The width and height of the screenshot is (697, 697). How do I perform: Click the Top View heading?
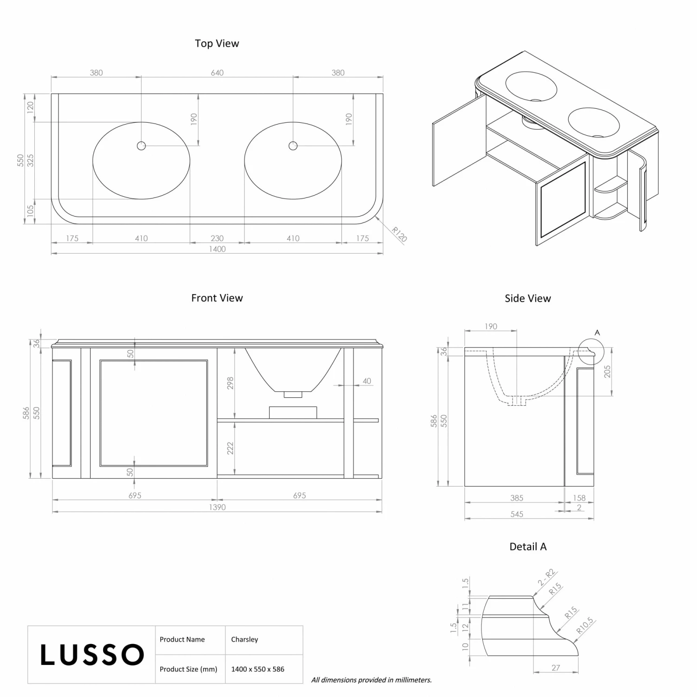pos(217,43)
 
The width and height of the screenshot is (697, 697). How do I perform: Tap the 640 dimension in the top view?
pos(217,72)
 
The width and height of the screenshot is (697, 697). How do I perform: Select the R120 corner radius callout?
pos(399,234)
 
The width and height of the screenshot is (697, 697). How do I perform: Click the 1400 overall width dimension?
pos(217,249)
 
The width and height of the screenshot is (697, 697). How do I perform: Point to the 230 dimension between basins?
pos(217,238)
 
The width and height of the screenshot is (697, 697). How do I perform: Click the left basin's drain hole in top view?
pos(141,146)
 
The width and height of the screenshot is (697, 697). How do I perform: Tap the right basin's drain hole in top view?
pos(293,146)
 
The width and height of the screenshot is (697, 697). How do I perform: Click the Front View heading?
pos(217,298)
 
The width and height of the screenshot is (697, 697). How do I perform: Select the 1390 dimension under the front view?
pos(217,507)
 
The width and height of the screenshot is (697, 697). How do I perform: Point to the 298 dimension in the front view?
pos(230,383)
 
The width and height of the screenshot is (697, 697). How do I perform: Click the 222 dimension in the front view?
pos(230,448)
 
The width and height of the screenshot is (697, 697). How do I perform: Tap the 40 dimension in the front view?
pos(367,381)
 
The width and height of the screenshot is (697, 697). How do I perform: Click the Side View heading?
pos(528,298)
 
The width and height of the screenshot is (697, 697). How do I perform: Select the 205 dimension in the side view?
pos(607,372)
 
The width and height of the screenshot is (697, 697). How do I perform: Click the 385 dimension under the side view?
pos(517,498)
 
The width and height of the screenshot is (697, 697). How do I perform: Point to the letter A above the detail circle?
pos(597,333)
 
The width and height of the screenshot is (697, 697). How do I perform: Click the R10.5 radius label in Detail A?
pos(585,625)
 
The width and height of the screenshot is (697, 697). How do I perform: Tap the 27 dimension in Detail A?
pos(556,668)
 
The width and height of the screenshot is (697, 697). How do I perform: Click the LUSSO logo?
pos(92,655)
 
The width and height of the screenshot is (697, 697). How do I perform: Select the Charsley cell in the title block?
pos(244,639)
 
